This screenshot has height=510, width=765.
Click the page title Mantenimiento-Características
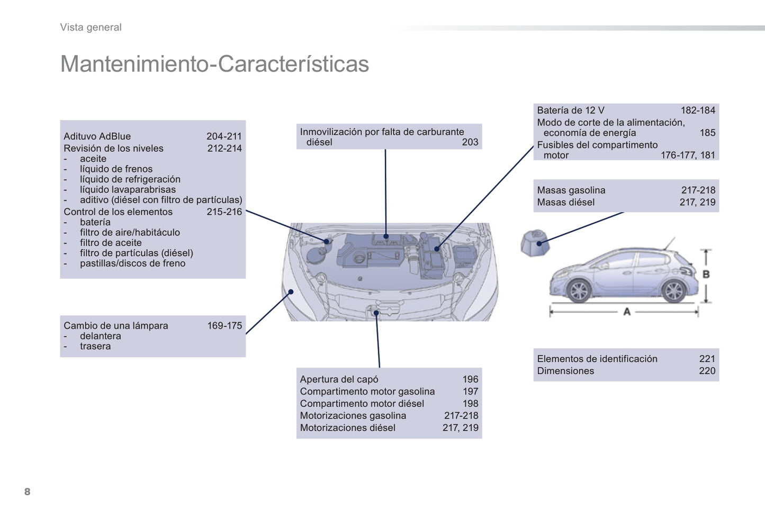click(x=214, y=64)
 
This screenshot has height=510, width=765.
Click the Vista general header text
click(x=91, y=28)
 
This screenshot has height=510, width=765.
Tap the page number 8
click(x=28, y=491)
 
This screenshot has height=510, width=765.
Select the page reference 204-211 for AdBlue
click(x=224, y=136)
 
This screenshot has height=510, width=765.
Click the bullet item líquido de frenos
click(x=116, y=169)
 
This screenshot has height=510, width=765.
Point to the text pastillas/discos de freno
click(x=132, y=263)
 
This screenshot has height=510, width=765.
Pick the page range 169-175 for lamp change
click(x=224, y=326)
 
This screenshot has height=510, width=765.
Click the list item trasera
click(x=95, y=347)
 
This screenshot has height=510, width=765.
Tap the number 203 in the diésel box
click(x=470, y=142)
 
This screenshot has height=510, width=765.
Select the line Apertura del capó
click(x=339, y=379)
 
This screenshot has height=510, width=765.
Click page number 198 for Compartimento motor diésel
click(x=470, y=404)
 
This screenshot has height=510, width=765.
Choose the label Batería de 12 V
click(x=570, y=111)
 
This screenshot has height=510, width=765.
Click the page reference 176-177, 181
click(x=688, y=156)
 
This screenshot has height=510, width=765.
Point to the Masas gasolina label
click(x=571, y=190)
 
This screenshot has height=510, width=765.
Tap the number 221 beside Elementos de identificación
click(x=707, y=359)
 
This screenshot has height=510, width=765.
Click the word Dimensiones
click(x=565, y=371)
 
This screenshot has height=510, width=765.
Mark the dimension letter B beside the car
click(x=706, y=274)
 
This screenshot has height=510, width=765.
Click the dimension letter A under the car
click(x=627, y=312)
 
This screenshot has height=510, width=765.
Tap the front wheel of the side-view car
click(x=579, y=291)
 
